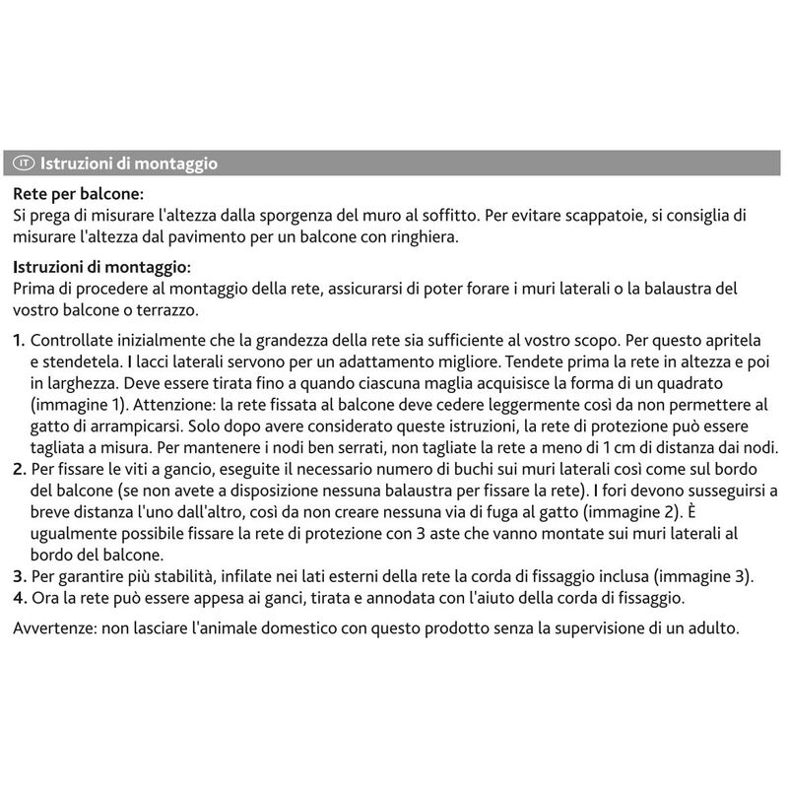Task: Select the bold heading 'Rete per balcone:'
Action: coord(79,195)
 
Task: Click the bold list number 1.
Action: coord(20,341)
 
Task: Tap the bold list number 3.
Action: coord(20,576)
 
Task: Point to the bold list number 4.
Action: coord(20,598)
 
